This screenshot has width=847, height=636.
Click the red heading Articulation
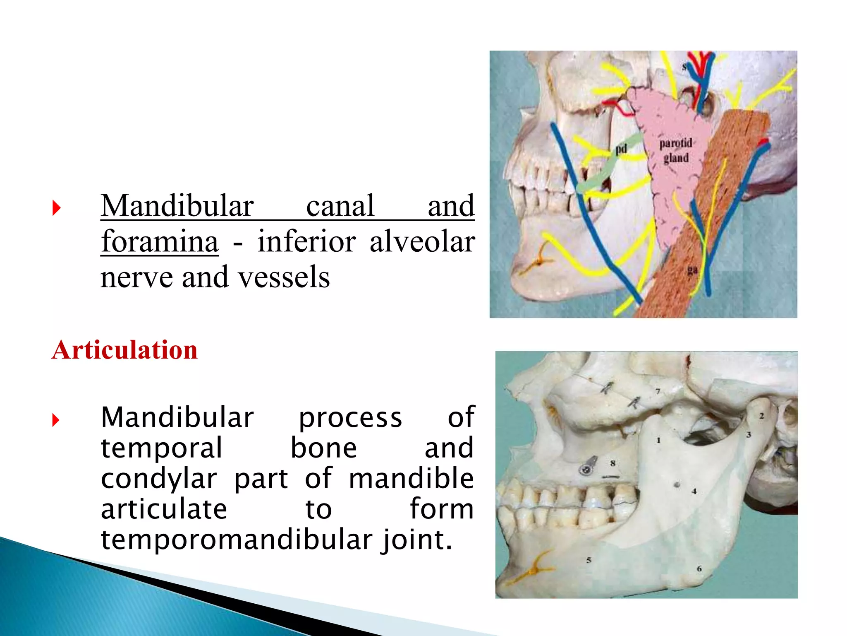[124, 350]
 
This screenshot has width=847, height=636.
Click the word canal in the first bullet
[340, 206]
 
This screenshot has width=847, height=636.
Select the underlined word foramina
[160, 241]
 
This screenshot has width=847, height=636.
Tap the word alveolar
[422, 241]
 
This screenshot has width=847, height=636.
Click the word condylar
[159, 479]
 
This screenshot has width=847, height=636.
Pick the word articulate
[164, 509]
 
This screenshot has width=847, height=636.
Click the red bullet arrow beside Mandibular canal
[57, 207]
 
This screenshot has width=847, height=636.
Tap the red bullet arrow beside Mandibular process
[56, 420]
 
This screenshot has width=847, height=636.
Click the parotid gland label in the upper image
[676, 151]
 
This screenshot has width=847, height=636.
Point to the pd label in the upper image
[621, 149]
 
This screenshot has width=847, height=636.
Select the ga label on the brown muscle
[692, 270]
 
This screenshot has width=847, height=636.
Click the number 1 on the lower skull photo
[658, 441]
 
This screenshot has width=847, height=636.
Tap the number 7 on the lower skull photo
[658, 391]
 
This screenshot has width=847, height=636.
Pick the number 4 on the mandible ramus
[694, 491]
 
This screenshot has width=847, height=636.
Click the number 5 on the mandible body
[589, 560]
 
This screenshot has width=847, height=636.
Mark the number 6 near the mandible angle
[699, 569]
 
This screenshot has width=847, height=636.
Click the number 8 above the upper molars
[613, 463]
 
